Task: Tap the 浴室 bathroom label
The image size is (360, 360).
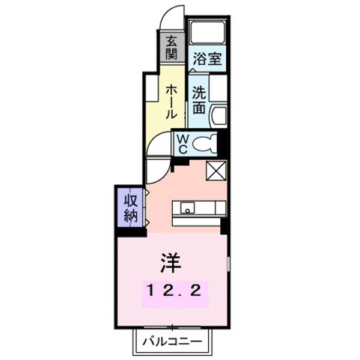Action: coord(208,60)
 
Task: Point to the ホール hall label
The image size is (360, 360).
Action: coord(170,100)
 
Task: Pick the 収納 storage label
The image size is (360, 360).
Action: coord(131,208)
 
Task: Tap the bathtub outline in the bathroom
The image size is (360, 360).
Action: coord(208,32)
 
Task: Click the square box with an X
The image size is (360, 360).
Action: coord(215,171)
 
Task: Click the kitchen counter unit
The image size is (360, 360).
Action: coord(200,209)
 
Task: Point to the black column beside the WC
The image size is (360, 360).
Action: coord(221,143)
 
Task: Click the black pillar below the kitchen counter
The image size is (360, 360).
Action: coord(224,226)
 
